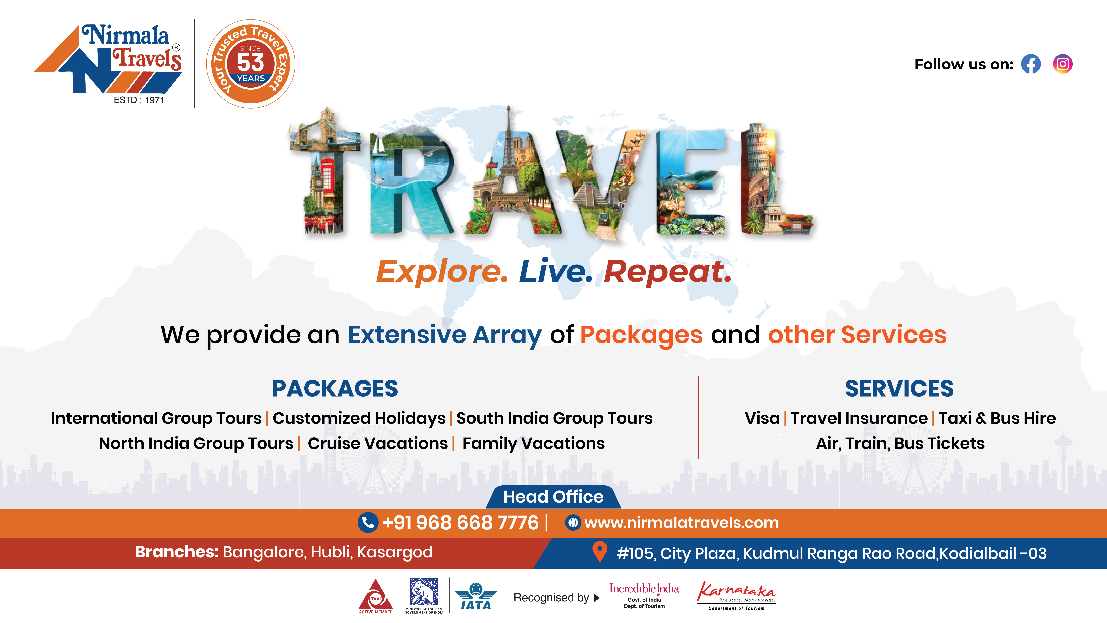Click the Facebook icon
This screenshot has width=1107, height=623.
1031,64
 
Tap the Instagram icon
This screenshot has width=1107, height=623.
1063,64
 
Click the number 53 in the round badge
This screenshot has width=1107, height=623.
251,63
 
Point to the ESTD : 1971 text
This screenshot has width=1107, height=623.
139,100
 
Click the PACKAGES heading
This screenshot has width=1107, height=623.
335,389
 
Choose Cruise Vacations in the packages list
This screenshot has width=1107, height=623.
378,443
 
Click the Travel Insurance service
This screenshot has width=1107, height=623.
859,418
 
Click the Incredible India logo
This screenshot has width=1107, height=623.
644,595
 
